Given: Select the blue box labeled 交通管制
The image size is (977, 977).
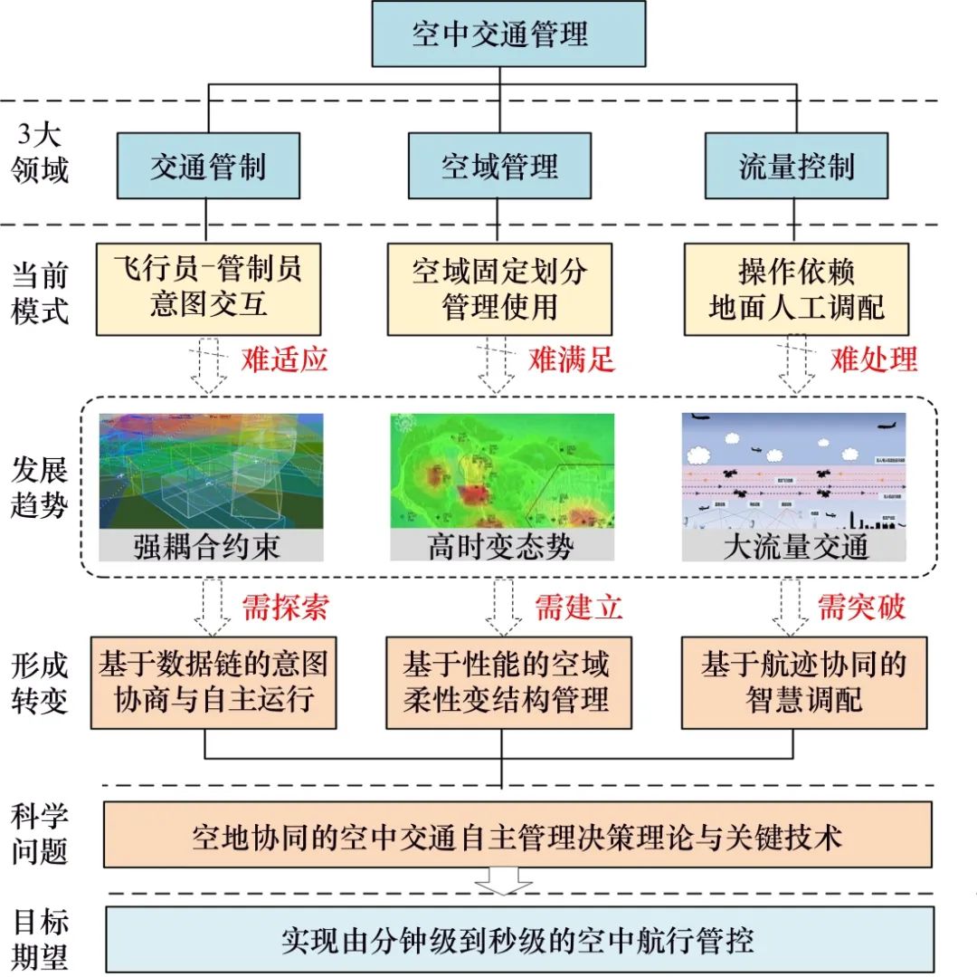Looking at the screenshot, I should (x=208, y=167).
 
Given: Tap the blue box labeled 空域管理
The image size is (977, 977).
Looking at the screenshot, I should (x=499, y=167).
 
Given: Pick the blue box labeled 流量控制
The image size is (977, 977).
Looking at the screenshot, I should (x=796, y=167).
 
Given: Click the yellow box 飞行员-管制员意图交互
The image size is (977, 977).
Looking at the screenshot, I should (x=208, y=288).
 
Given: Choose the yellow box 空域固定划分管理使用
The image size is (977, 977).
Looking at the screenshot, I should (x=499, y=288).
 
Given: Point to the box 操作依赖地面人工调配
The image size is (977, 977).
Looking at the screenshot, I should (x=796, y=288).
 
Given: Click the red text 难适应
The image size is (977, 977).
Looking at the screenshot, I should (x=284, y=359).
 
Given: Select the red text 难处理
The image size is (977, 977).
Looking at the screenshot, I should (x=874, y=359).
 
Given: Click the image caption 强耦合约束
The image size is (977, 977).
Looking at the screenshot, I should (x=208, y=546).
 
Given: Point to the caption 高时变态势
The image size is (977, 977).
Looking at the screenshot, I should (x=500, y=546).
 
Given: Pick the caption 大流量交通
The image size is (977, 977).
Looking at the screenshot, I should (x=796, y=546).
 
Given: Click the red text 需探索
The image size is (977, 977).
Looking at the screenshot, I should (x=284, y=607).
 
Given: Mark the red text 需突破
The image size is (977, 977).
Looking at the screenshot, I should (x=861, y=607).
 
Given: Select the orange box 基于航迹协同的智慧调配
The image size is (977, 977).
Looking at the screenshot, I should (x=804, y=682).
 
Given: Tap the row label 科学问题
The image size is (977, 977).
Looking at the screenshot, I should (x=41, y=833).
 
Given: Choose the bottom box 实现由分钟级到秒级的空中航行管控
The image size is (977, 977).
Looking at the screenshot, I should (x=519, y=940).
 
